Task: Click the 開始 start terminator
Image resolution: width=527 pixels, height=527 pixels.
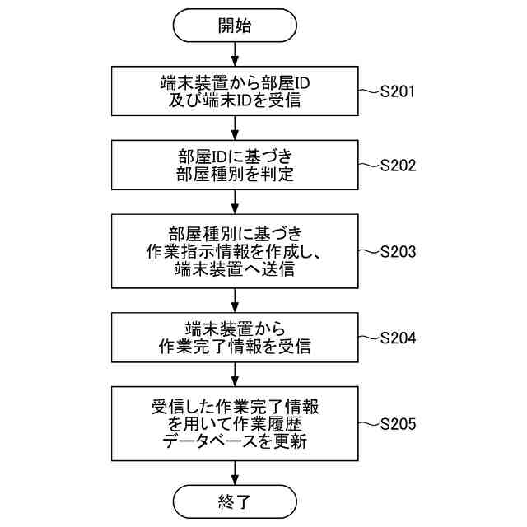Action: point(235,25)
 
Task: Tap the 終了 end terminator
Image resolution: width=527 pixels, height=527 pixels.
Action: point(235,501)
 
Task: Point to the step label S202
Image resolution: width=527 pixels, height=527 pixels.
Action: point(397,165)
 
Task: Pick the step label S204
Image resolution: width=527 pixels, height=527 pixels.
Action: point(397,338)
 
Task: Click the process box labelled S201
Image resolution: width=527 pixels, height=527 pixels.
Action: point(235,91)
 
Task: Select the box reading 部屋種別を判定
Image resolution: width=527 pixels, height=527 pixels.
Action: point(235,165)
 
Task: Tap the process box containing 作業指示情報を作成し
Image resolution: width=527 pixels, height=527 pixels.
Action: point(235,251)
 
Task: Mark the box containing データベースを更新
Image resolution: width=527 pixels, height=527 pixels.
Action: point(235,424)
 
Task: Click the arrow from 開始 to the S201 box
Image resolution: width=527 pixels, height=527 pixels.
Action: point(235,54)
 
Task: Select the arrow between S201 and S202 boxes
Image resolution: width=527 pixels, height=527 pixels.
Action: point(235,128)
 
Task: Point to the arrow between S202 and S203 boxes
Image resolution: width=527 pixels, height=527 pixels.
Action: point(235,201)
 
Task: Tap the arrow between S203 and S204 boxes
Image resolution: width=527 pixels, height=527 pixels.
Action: point(235,300)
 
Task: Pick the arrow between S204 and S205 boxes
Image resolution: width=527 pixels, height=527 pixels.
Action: point(235,375)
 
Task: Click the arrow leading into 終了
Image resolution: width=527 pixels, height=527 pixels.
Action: point(235,473)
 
